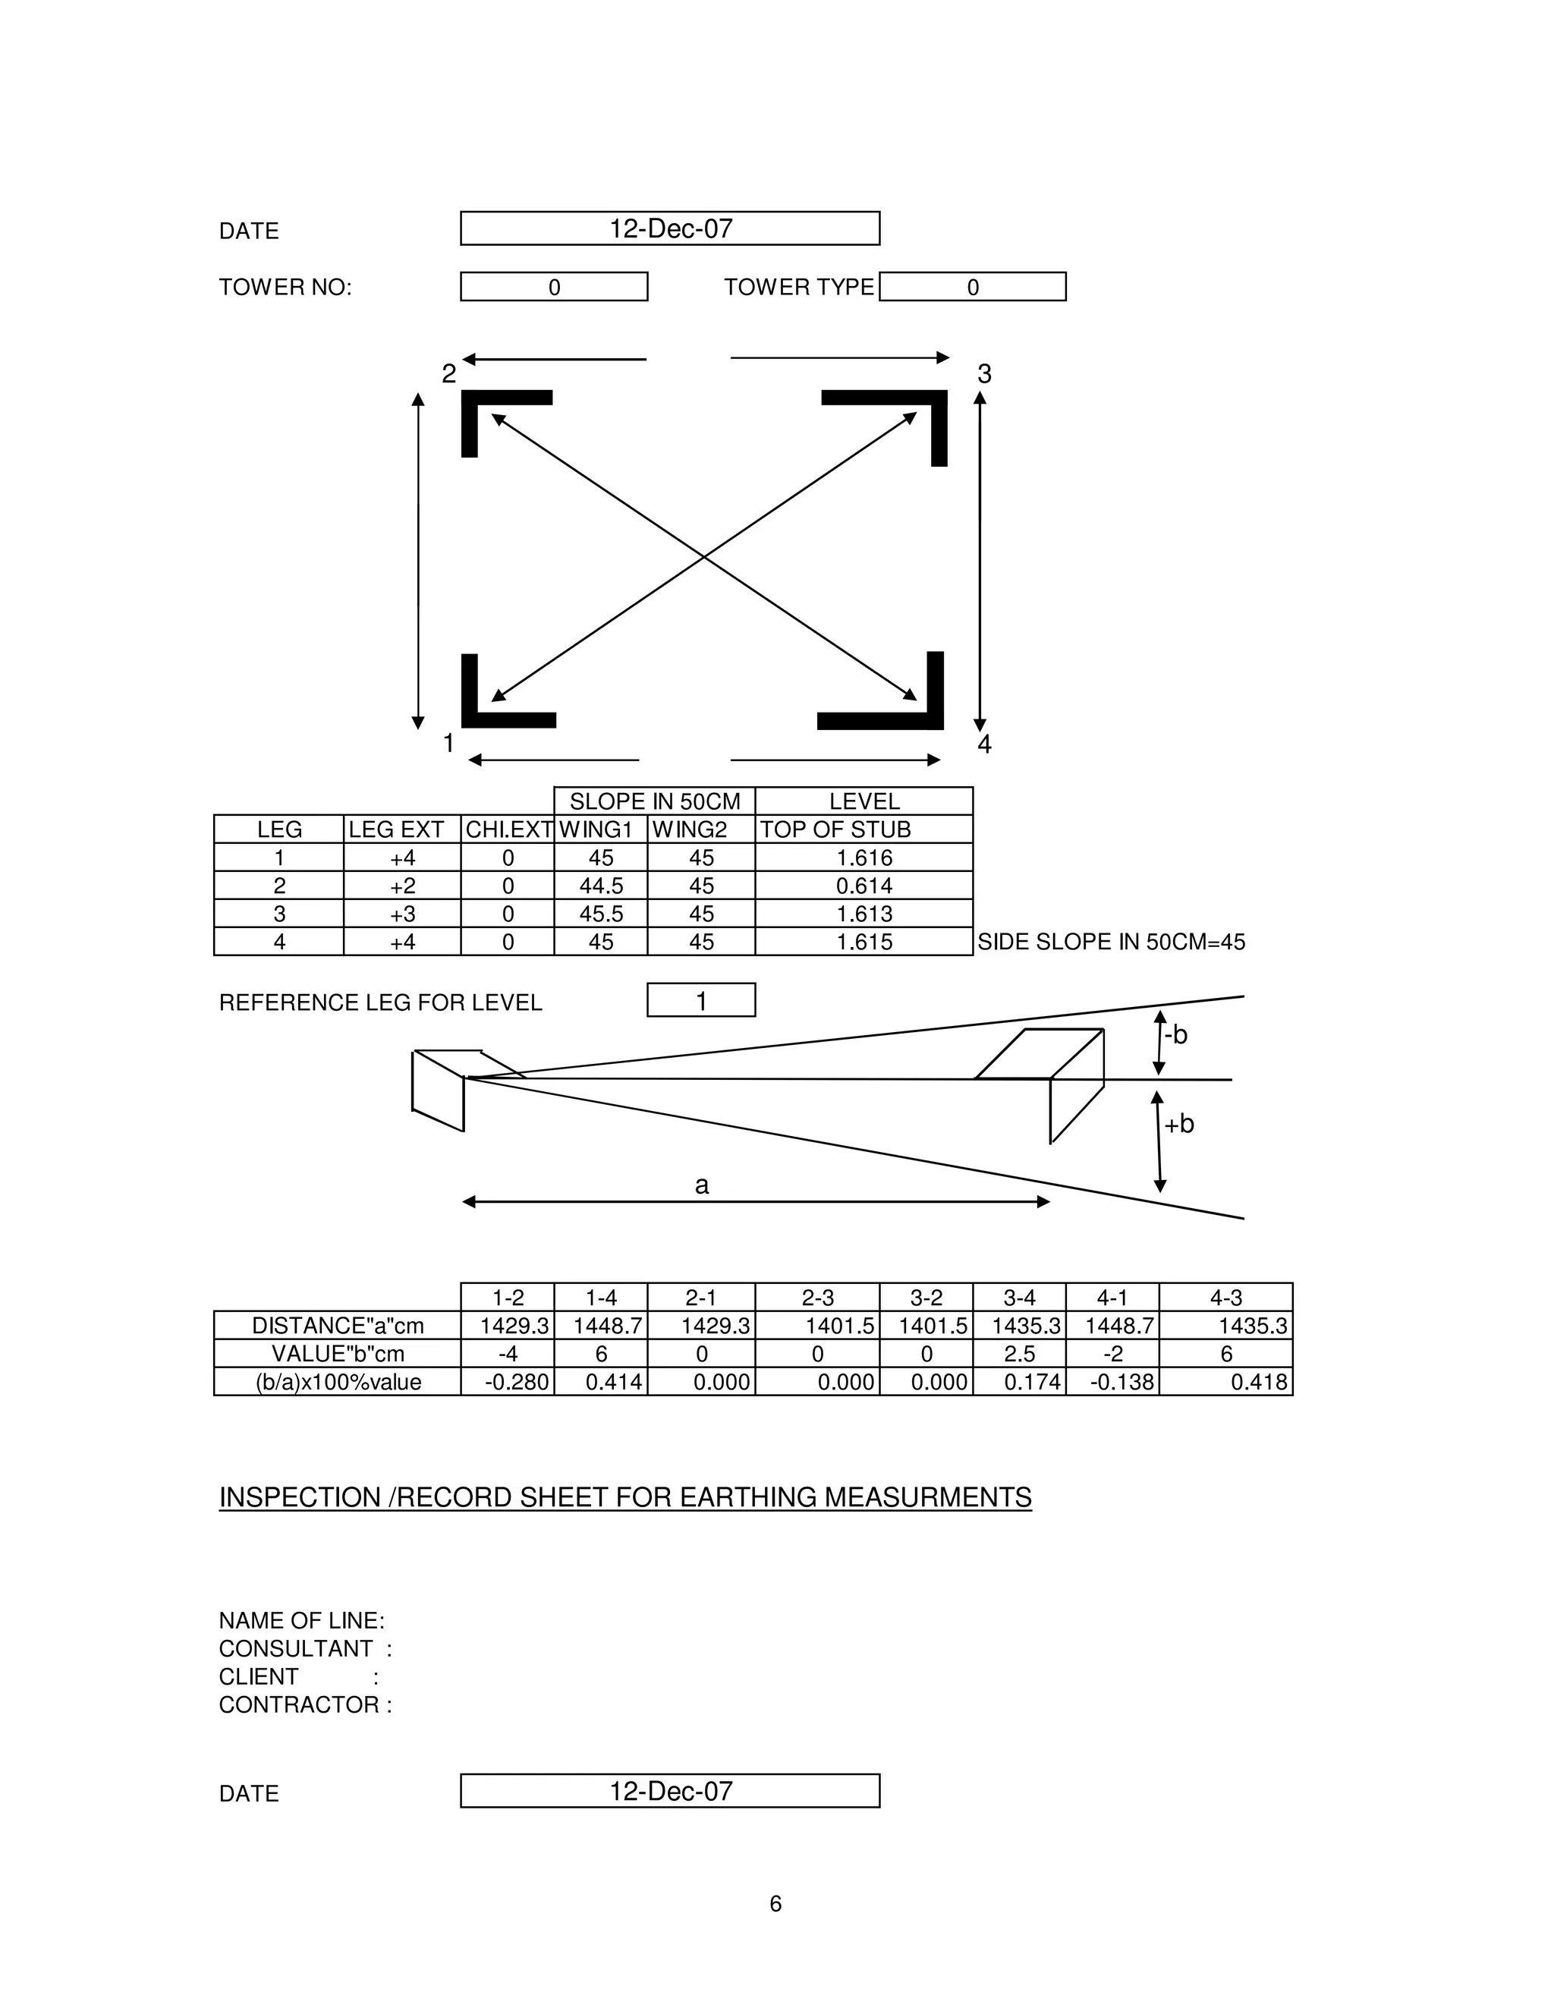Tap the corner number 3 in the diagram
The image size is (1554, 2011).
pyautogui.click(x=984, y=374)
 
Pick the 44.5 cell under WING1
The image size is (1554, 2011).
pyautogui.click(x=601, y=886)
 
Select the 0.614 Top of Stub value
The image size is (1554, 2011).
pyautogui.click(x=864, y=886)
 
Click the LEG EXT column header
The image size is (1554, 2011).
pyautogui.click(x=397, y=829)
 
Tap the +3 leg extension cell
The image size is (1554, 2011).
pyautogui.click(x=402, y=914)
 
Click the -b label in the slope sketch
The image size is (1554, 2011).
pyautogui.click(x=1175, y=1035)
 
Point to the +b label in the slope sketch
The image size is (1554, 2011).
pyautogui.click(x=1179, y=1125)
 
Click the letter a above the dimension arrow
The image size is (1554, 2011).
pyautogui.click(x=702, y=1185)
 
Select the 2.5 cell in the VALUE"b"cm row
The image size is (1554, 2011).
pyautogui.click(x=1019, y=1354)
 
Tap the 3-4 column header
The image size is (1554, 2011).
pyautogui.click(x=1019, y=1298)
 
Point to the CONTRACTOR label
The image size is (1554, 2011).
pyautogui.click(x=305, y=1704)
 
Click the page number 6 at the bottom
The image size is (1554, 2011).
pyautogui.click(x=775, y=1903)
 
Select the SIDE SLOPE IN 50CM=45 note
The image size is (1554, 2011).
pyautogui.click(x=1111, y=942)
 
